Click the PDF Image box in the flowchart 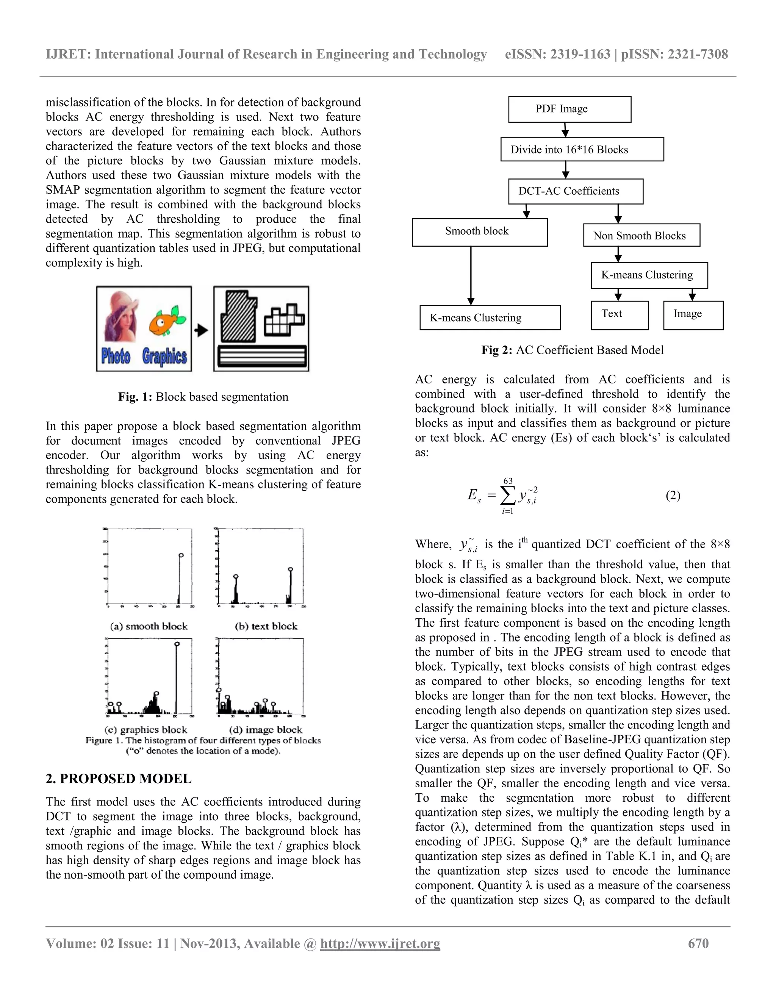coord(569,109)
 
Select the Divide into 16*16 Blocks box coord(582,149)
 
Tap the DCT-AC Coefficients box coord(575,191)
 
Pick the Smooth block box coord(479,232)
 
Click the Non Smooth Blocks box coord(641,235)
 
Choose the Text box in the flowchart coord(619,315)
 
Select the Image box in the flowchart coord(693,315)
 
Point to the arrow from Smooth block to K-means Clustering coord(471,276)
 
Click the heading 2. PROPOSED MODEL coord(119,779)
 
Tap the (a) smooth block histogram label coord(149,626)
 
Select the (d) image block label coord(265,730)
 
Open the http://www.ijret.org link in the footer coord(380,944)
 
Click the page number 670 coord(698,944)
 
